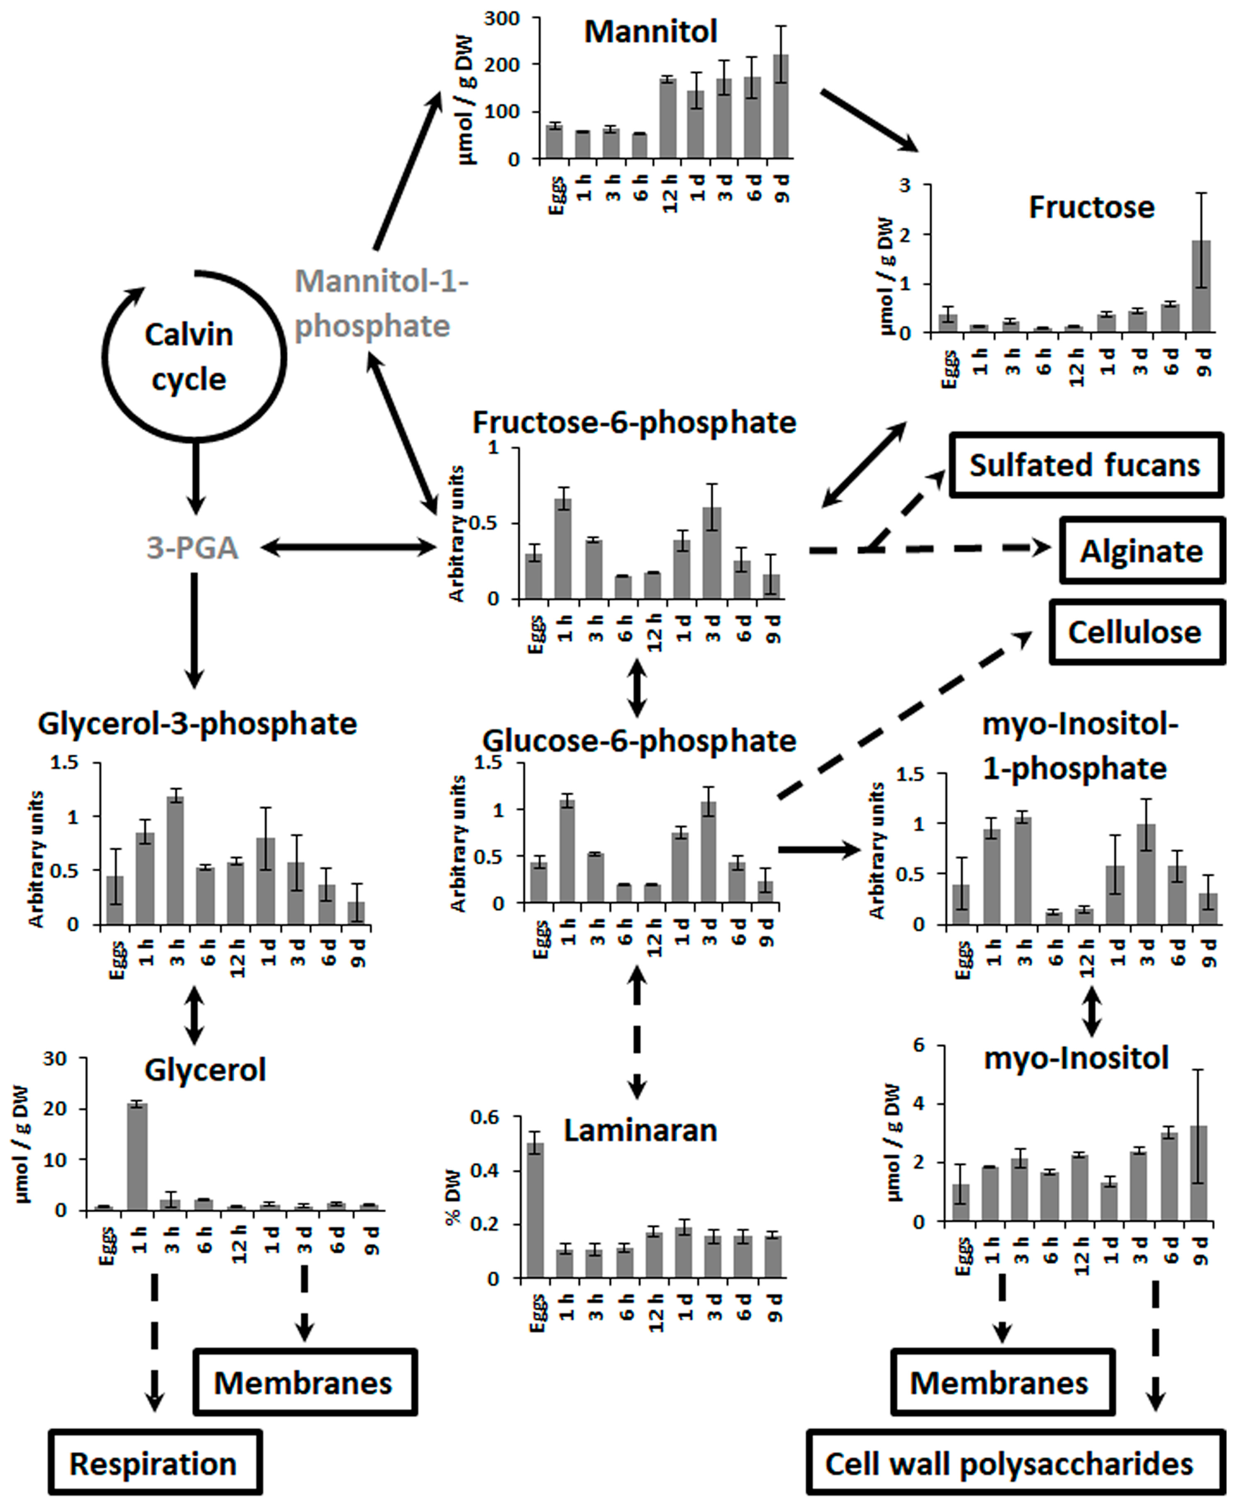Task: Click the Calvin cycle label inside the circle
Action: [189, 357]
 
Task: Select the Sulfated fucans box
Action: [1085, 465]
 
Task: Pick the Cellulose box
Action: [1135, 632]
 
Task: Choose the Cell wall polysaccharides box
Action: [1009, 1464]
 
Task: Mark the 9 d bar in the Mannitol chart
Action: [781, 107]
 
